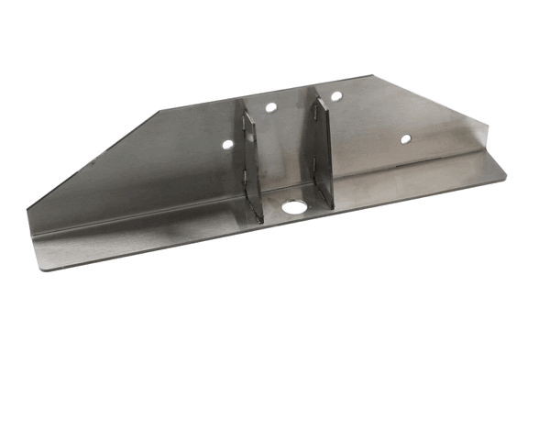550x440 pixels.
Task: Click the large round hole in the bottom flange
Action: (293, 208)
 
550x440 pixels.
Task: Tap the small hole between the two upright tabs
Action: (271, 107)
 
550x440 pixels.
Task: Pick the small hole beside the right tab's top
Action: (336, 96)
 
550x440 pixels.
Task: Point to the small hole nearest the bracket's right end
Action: (404, 139)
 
